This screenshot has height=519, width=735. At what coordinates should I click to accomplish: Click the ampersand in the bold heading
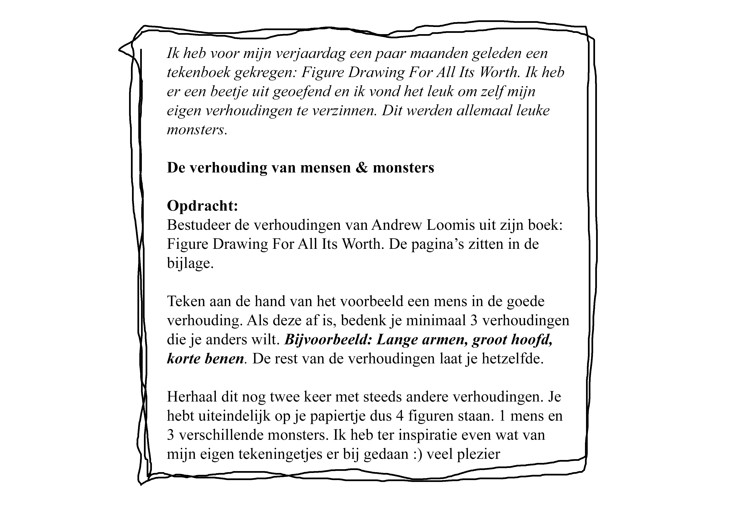click(362, 168)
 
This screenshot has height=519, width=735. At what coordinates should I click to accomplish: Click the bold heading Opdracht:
click(202, 206)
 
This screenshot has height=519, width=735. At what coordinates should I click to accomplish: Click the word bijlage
click(190, 263)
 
